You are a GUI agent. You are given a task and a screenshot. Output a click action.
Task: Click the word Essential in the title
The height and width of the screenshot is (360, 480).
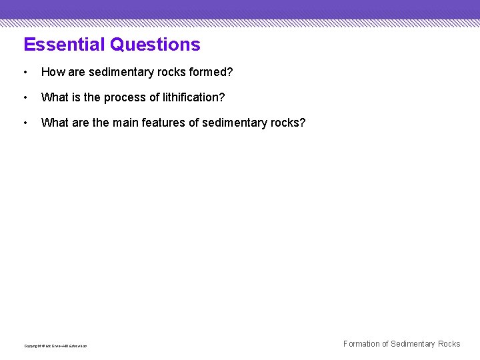pyautogui.click(x=65, y=45)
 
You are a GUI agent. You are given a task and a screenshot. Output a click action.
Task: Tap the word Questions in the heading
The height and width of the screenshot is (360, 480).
pyautogui.click(x=155, y=45)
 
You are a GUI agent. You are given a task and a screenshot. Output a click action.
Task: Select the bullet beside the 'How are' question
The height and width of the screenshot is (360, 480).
pyautogui.click(x=25, y=72)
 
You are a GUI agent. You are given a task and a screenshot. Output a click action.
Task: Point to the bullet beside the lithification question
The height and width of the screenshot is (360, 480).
pyautogui.click(x=25, y=97)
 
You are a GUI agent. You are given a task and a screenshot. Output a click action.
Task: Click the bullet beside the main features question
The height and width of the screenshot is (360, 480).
pyautogui.click(x=25, y=123)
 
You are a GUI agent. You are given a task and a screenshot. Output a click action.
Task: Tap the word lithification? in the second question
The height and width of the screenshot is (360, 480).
pyautogui.click(x=194, y=97)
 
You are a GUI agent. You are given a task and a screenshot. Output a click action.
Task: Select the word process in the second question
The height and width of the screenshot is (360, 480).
pyautogui.click(x=125, y=98)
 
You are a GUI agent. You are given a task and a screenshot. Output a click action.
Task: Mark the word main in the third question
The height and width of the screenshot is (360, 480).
pyautogui.click(x=126, y=123)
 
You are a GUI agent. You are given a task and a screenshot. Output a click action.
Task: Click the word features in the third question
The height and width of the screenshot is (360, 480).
pyautogui.click(x=164, y=123)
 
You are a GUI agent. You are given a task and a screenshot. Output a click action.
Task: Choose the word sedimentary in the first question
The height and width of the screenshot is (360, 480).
pyautogui.click(x=121, y=72)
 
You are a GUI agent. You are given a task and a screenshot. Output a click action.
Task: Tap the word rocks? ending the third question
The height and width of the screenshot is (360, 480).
pyautogui.click(x=289, y=123)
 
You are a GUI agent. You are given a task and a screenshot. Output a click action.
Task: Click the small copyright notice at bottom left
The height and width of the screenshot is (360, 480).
pyautogui.click(x=55, y=346)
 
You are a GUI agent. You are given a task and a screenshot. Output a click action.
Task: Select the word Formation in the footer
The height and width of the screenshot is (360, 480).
pyautogui.click(x=361, y=344)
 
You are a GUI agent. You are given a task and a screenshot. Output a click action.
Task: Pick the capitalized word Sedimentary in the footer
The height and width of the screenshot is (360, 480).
pyautogui.click(x=413, y=344)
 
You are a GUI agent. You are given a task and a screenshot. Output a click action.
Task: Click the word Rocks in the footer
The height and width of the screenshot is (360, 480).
pyautogui.click(x=449, y=344)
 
